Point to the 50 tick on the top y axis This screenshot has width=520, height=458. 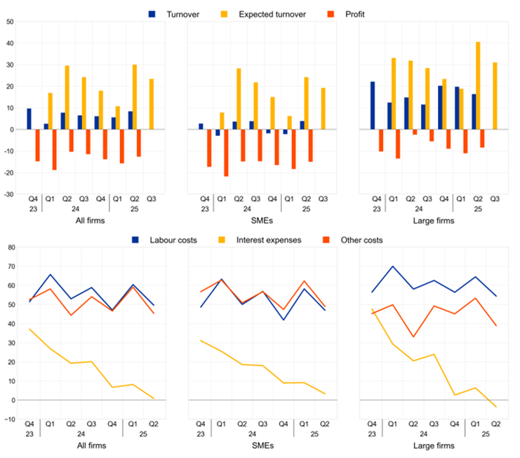pyautogui.click(x=10, y=22)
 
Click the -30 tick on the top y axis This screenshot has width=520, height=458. pyautogui.click(x=8, y=194)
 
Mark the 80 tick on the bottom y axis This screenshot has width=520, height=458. pyautogui.click(x=10, y=247)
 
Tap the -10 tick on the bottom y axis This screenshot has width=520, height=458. pyautogui.click(x=8, y=419)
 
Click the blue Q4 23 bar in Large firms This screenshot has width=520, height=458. pyautogui.click(x=372, y=105)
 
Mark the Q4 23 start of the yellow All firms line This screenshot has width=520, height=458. pyautogui.click(x=29, y=329)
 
